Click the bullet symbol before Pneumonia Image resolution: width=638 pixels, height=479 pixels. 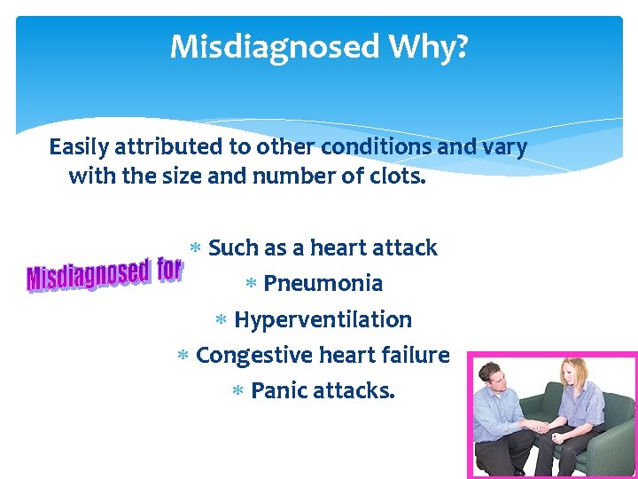tap(251, 285)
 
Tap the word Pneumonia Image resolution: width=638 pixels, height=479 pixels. tap(323, 284)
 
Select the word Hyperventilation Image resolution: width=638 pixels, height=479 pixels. tap(323, 319)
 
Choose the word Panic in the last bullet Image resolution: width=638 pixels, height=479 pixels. tap(278, 390)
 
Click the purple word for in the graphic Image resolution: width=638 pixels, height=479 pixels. tap(169, 269)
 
